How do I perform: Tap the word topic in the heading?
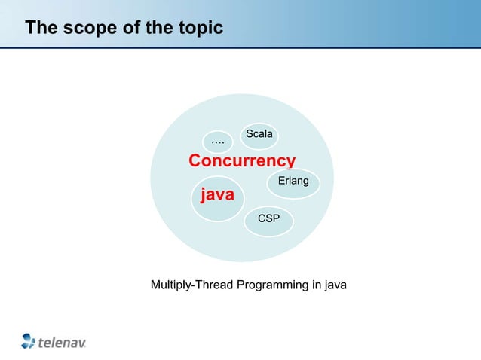pos(199,29)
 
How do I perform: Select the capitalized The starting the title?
pos(41,29)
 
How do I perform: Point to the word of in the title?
pos(126,29)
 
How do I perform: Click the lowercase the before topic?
pos(155,29)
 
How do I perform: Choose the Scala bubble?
pos(259,134)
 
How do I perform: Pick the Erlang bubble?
pos(293,182)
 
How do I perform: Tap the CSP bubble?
pos(269,219)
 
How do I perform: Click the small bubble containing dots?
pos(218,141)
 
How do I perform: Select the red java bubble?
pos(216,197)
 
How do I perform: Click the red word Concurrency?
pos(241,161)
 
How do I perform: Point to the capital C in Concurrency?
pos(195,161)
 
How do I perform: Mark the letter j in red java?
pos(201,196)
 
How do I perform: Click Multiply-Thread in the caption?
pos(192,285)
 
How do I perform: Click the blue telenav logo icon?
pos(29,340)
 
